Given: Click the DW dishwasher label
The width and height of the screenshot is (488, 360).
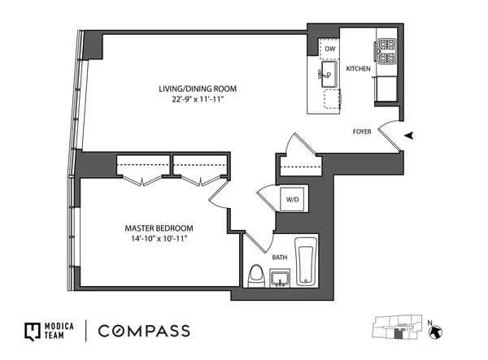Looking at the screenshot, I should pos(329,50).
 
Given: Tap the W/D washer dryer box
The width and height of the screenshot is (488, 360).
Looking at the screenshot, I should pos(291,199).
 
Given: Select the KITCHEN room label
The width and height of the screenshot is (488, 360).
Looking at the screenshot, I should pos(359,69).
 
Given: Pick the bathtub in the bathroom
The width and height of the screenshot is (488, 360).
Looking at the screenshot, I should pos(307,262).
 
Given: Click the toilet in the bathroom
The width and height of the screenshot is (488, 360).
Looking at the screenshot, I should pos(255,275).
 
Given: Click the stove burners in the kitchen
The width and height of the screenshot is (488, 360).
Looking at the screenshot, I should pos(385,52).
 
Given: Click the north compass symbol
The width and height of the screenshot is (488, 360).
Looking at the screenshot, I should pos(436,332).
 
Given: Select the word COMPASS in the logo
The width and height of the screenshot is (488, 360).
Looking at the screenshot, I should pos(145,331).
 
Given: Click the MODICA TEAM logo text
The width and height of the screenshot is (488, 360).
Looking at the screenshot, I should pos(58,331).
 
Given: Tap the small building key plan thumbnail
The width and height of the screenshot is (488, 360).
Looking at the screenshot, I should pos(397,330).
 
